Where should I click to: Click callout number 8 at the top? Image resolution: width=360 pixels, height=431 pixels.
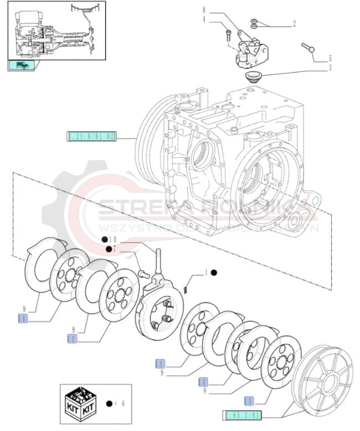click(204, 10)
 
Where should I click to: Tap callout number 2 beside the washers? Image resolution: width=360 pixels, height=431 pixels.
click(294, 24)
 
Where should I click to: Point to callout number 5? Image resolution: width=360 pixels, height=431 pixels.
click(331, 58)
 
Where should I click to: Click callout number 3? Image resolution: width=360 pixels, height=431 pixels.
click(331, 68)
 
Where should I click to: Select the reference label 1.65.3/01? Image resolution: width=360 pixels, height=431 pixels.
click(242, 414)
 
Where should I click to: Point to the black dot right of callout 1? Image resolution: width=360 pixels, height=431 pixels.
click(214, 273)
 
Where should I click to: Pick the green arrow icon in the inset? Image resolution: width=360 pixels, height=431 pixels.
click(21, 65)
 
